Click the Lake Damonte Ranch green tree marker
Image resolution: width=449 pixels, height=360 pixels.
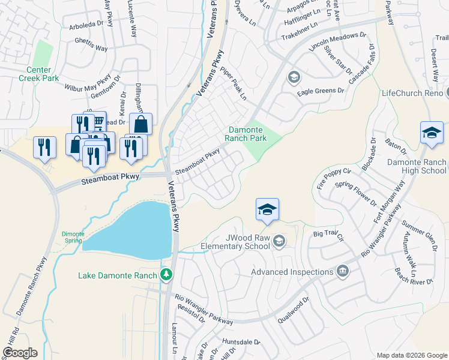(x=166, y=275)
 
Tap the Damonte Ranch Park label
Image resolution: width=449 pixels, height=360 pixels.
(x=246, y=134)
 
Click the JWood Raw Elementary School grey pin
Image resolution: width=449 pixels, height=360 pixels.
(x=279, y=241)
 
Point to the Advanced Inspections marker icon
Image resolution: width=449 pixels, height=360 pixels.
(x=343, y=271)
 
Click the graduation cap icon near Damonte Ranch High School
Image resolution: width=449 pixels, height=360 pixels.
(x=432, y=133)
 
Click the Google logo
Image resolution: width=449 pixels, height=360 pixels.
(x=19, y=353)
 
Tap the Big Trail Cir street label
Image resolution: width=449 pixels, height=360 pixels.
(x=327, y=234)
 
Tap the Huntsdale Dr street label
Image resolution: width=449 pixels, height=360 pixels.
(x=240, y=342)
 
